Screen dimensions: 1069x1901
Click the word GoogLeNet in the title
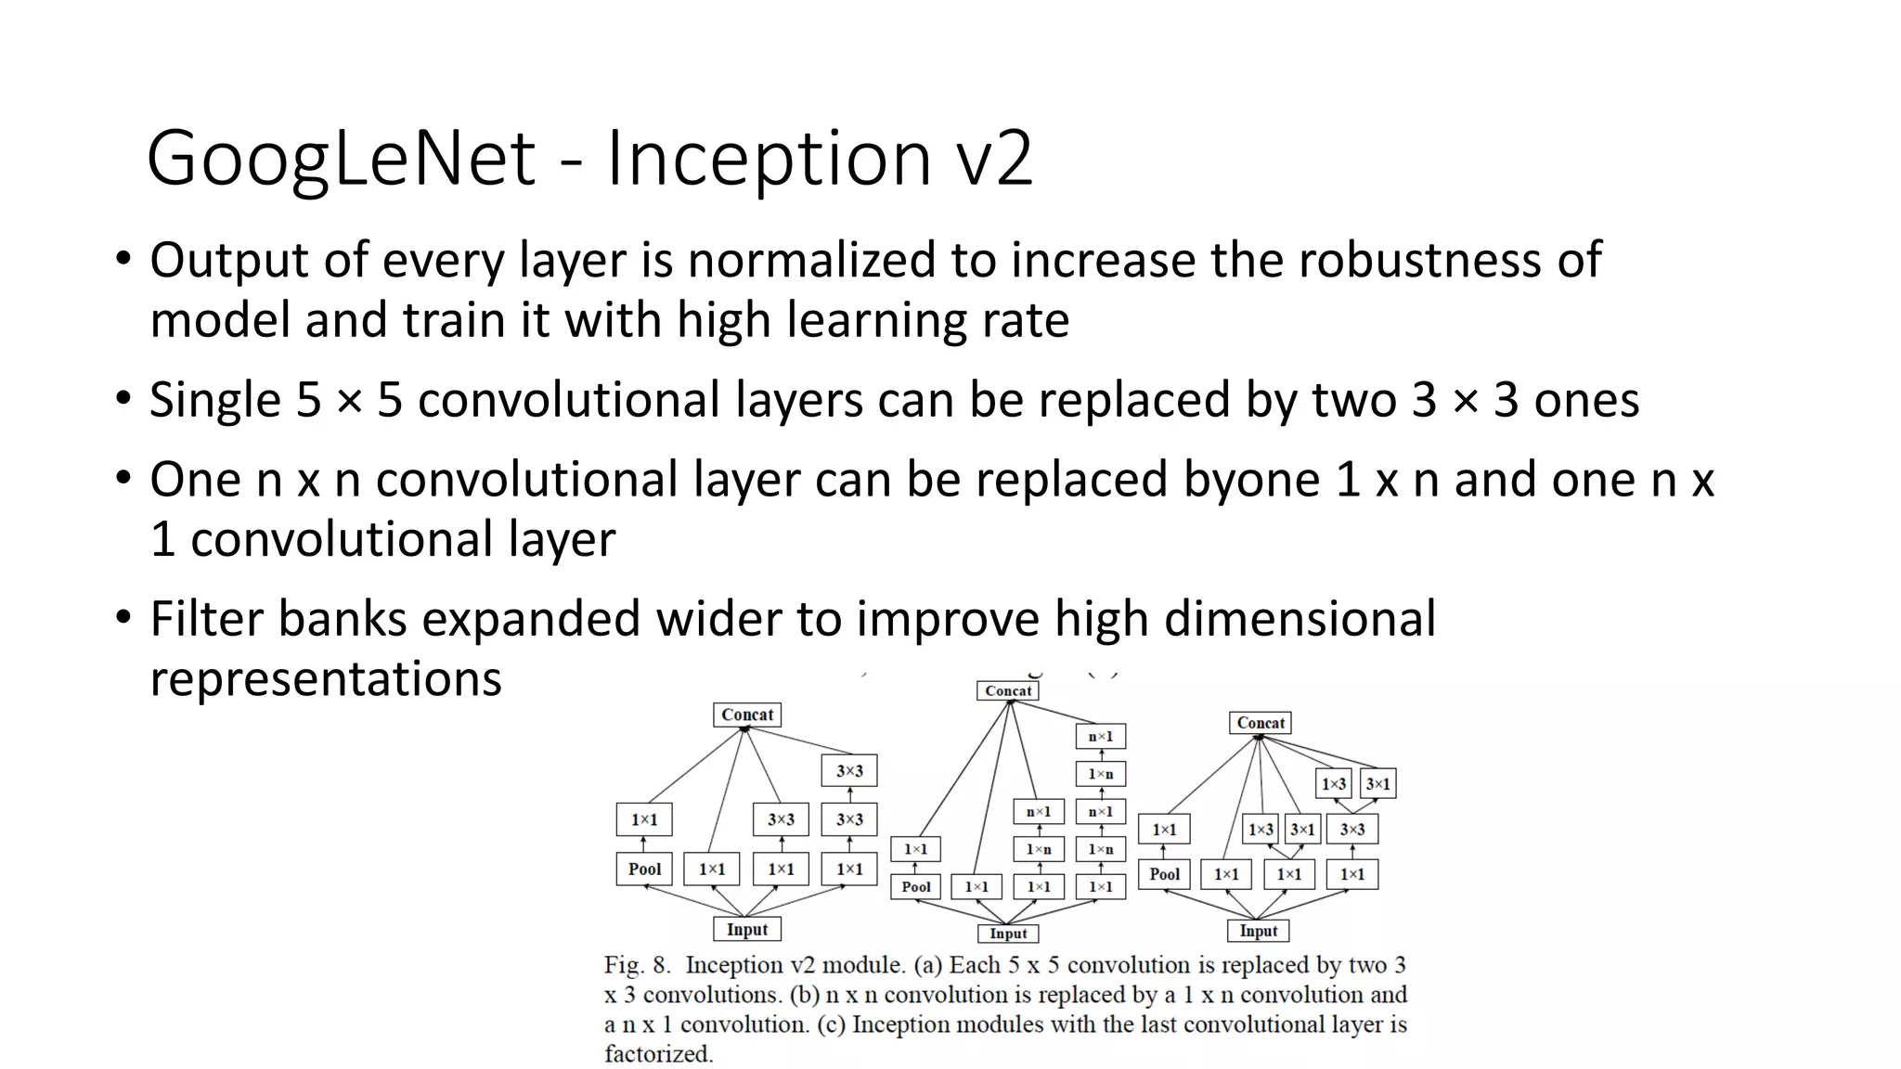coord(341,159)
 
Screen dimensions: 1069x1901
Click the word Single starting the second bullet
coord(215,400)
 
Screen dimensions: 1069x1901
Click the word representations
coord(326,678)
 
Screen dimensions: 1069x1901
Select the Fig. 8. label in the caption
coord(637,965)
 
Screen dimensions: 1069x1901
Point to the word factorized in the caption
coord(658,1054)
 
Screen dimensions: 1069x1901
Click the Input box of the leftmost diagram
coord(747,929)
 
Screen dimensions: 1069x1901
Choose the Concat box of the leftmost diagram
coord(747,715)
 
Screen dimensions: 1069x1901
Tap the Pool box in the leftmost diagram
coord(644,869)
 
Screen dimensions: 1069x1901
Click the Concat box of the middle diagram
coord(1008,690)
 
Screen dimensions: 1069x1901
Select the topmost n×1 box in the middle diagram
coord(1101,737)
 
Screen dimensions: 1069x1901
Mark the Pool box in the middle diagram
coord(916,886)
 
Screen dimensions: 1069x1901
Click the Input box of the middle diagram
coord(1008,934)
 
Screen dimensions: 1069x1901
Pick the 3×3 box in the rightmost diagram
coord(1352,830)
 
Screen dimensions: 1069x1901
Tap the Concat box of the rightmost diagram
coord(1261,723)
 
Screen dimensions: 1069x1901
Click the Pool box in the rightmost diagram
coord(1164,874)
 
